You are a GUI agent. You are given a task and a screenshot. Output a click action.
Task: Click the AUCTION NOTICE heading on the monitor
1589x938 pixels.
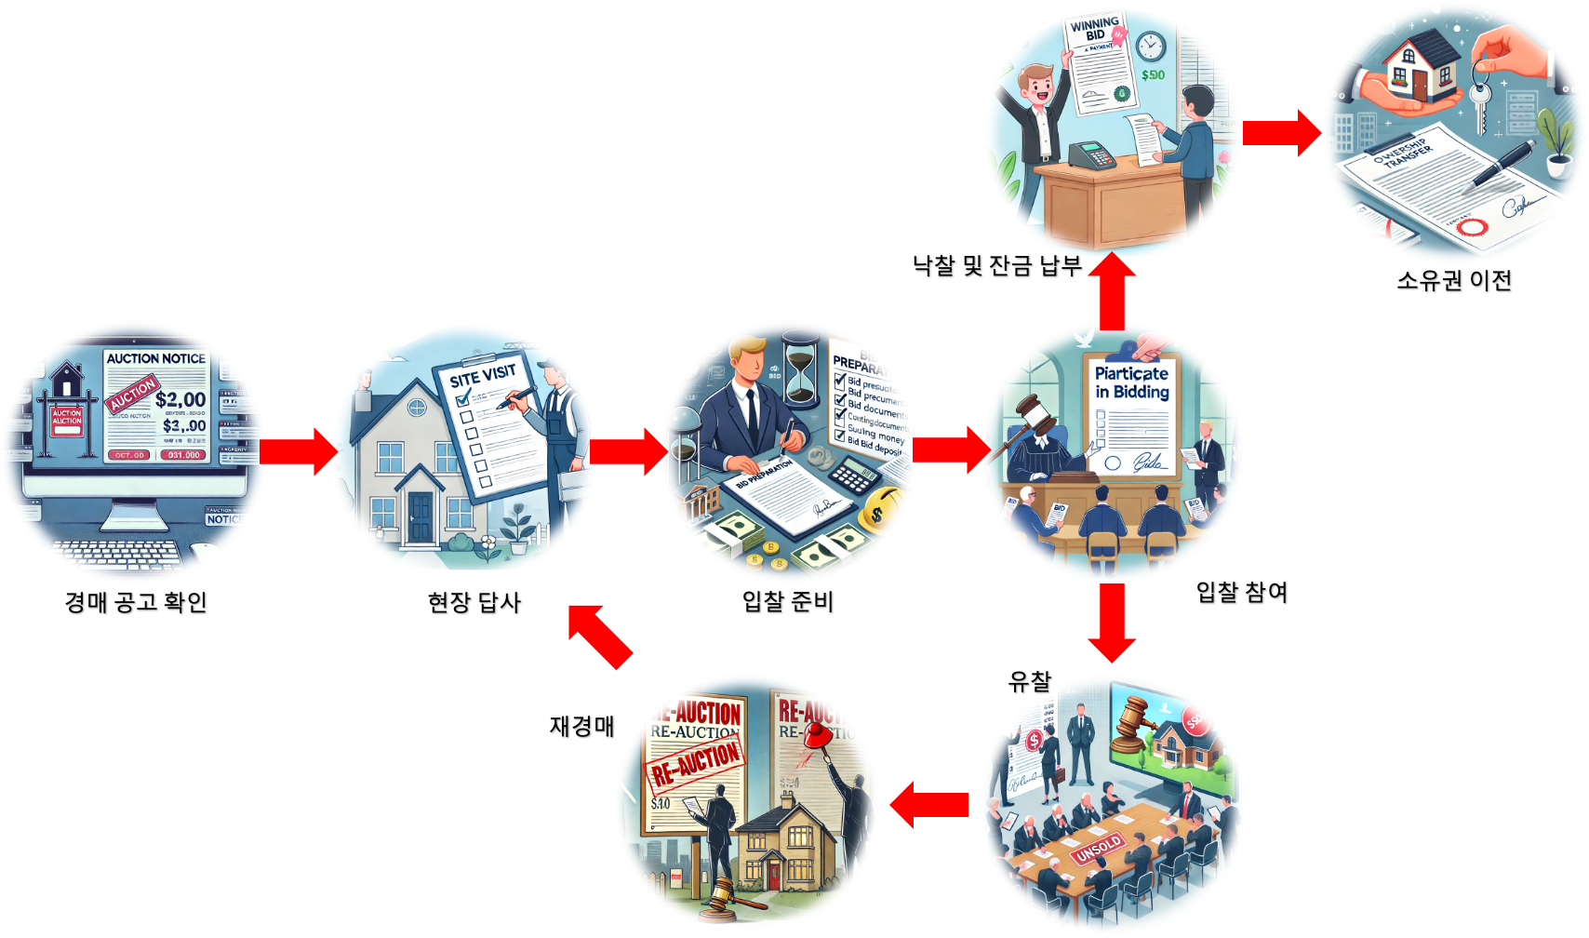point(155,358)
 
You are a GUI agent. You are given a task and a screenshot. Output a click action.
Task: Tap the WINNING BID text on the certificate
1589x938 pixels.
point(1094,29)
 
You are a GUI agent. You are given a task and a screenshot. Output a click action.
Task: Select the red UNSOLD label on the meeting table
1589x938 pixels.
point(1098,849)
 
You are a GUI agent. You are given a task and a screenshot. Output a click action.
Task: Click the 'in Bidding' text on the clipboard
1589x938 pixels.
point(1132,392)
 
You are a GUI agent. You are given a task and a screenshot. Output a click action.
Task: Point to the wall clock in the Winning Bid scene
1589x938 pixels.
point(1150,46)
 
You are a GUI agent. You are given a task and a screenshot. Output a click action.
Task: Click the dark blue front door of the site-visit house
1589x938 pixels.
point(421,516)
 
